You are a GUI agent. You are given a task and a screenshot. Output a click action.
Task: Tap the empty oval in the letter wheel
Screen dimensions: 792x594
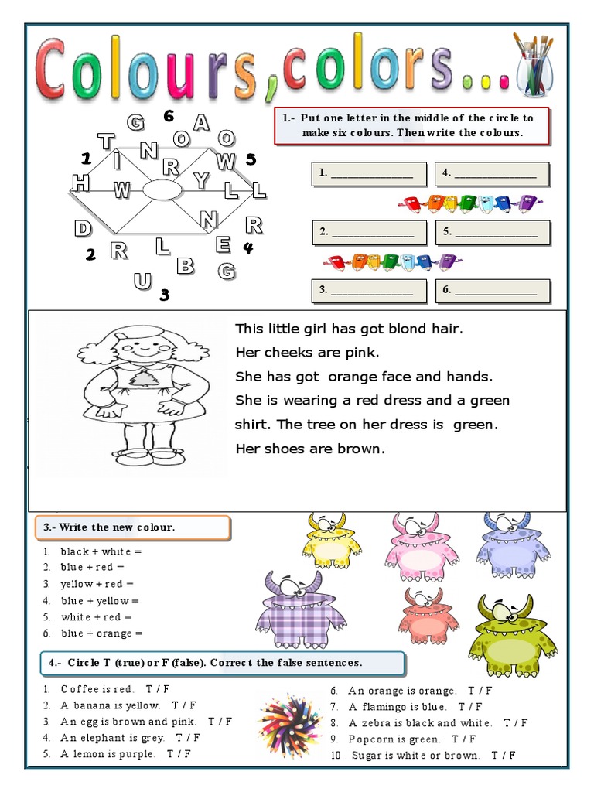pos(161,189)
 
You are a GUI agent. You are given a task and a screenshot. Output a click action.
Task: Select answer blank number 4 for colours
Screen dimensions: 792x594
pos(492,174)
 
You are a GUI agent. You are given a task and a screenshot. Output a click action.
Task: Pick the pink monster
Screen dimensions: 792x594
pos(421,545)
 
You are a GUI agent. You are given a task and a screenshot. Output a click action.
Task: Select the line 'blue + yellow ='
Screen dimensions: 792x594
pos(100,600)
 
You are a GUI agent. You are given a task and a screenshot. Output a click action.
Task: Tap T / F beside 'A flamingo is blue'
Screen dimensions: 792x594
pos(469,707)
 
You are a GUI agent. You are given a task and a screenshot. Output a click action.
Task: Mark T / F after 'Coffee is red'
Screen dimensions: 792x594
pos(159,689)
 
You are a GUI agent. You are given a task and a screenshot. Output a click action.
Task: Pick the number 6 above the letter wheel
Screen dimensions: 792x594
pos(169,116)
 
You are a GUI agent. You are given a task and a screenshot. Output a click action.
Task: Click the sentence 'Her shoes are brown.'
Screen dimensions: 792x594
pos(309,449)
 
